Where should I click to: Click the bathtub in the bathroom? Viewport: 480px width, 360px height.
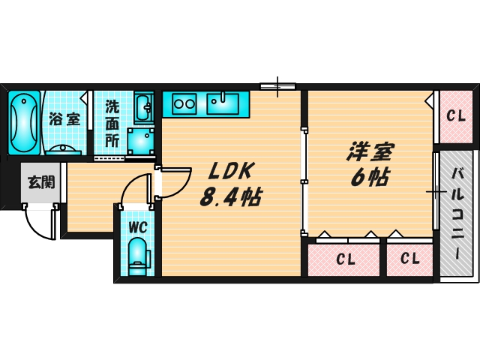25,122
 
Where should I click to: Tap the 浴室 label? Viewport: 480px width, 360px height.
64,118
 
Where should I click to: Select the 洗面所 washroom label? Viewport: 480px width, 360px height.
112,124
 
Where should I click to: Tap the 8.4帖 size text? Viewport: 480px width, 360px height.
229,198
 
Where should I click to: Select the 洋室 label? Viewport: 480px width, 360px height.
370,152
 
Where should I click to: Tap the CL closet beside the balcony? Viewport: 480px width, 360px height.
454,116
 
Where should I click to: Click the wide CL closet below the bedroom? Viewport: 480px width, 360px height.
345,259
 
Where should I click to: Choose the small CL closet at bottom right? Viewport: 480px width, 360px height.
409,259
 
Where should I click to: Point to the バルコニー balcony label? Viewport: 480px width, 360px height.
457,214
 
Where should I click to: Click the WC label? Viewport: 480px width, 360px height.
137,226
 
